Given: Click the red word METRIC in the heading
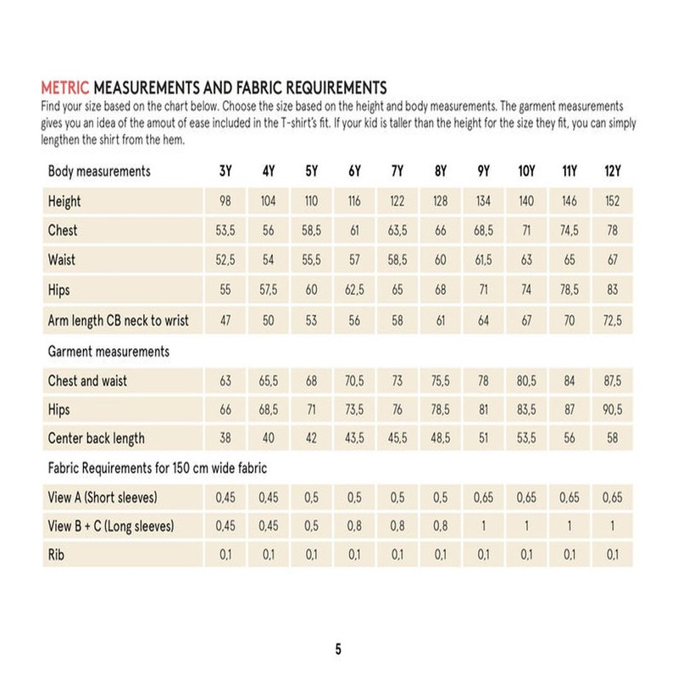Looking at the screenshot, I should click(65, 87).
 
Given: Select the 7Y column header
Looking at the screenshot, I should click(397, 171).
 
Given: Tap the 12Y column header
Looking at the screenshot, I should click(612, 171).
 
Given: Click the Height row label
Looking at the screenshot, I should click(64, 202).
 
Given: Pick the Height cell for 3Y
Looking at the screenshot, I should click(225, 202).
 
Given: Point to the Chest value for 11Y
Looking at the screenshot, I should click(569, 231).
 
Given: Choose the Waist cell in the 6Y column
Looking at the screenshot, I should click(354, 260).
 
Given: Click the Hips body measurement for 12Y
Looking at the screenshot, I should click(612, 290).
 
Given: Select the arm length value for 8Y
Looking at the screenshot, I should click(440, 320).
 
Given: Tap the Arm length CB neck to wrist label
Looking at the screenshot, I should click(119, 320).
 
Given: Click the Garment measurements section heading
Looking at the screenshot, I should click(108, 351).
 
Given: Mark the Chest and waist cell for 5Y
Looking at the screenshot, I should click(311, 381).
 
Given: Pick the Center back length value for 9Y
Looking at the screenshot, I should click(483, 438).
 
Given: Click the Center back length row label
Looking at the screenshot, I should click(97, 438).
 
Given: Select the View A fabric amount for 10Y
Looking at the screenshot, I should click(526, 497).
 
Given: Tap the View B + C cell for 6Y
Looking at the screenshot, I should click(354, 526).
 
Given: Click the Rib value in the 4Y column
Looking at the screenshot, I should click(268, 555).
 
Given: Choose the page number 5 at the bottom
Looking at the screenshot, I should click(338, 650).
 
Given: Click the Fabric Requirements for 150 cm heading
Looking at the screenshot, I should click(158, 468).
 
